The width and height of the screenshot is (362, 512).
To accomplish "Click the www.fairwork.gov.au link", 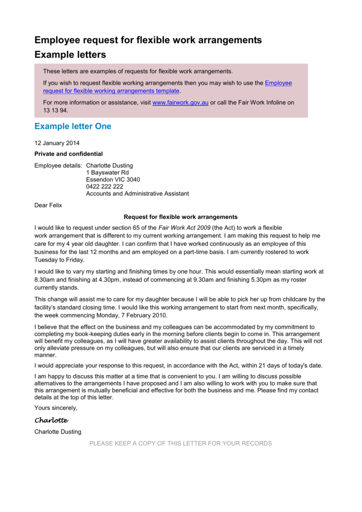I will coord(180,102).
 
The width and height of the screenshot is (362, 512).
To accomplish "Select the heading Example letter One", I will coord(73,126).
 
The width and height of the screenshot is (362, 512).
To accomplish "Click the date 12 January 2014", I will coord(57,143).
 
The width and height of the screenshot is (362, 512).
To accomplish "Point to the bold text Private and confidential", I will coord(68,154).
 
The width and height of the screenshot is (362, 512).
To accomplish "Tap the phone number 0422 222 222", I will coord(104,186).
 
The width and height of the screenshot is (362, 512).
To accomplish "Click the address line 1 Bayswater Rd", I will coord(107,172).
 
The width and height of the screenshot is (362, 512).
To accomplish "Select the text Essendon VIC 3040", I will coord(113,179).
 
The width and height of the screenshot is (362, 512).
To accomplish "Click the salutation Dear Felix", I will coord(48,205).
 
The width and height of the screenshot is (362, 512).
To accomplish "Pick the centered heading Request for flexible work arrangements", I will coord(181,217).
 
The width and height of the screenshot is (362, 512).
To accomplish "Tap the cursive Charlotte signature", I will coord(51,420).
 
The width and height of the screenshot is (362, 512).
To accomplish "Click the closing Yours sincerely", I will coord(56,408).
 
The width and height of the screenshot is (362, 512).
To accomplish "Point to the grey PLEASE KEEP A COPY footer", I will coord(180,443).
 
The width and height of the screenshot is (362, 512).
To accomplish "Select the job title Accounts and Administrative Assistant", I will coord(137,193).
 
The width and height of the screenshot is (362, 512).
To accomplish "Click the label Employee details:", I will coord(58,165).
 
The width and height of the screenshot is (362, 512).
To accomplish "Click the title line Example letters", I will coord(70,54).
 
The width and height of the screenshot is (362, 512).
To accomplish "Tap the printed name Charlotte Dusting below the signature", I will coord(57,431).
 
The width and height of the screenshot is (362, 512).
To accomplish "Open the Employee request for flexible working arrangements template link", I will coord(111,91).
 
